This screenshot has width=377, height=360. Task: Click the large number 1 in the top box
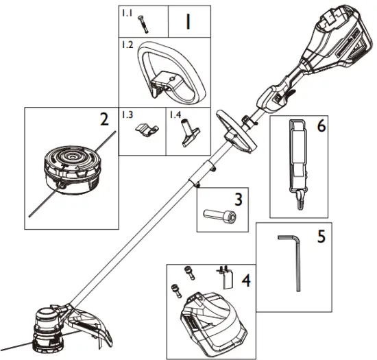[x=186, y=21]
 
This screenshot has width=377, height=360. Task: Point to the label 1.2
[x=126, y=45]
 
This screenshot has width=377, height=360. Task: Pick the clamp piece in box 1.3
[x=145, y=129]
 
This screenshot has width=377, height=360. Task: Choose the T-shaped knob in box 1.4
[x=188, y=130]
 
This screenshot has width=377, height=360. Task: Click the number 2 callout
[x=104, y=119]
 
